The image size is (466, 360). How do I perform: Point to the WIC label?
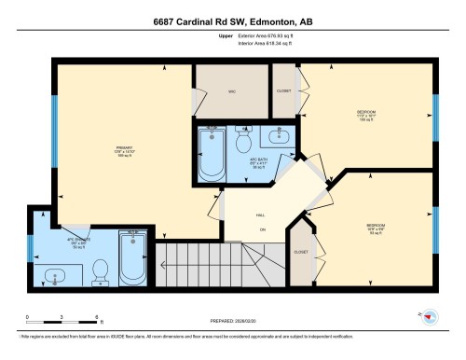[x=231, y=91]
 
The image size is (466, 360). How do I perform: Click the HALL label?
[x=261, y=215]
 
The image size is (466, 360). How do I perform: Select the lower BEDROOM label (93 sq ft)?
[x=376, y=227]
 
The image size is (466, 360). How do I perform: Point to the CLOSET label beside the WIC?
[x=283, y=91]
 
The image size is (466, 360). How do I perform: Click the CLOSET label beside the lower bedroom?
[x=300, y=252]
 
